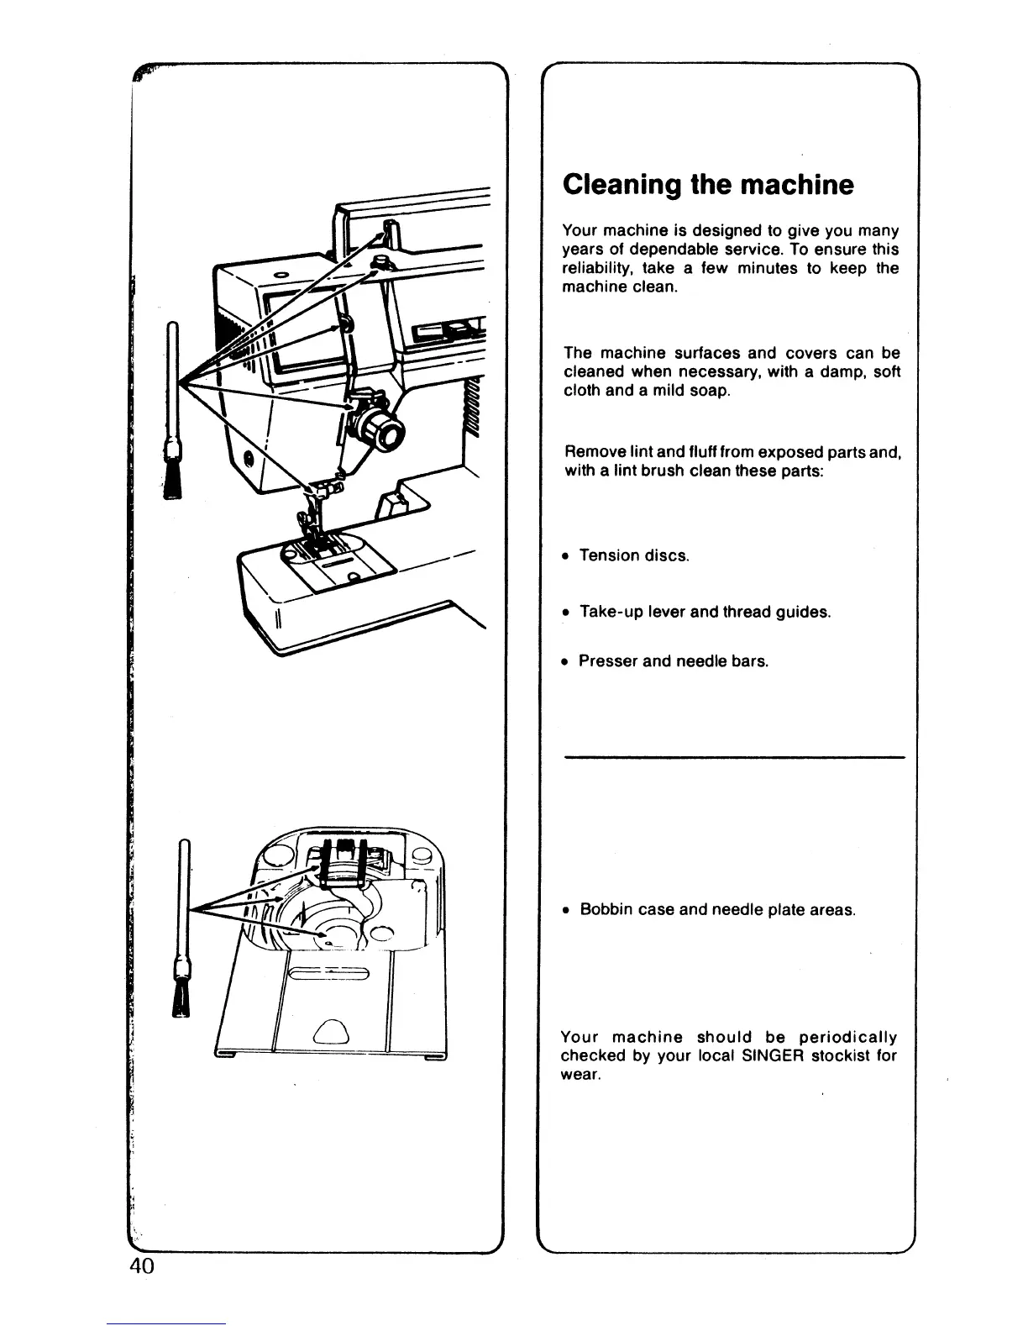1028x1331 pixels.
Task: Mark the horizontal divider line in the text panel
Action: (x=735, y=758)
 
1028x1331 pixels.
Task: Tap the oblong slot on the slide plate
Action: (x=328, y=975)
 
